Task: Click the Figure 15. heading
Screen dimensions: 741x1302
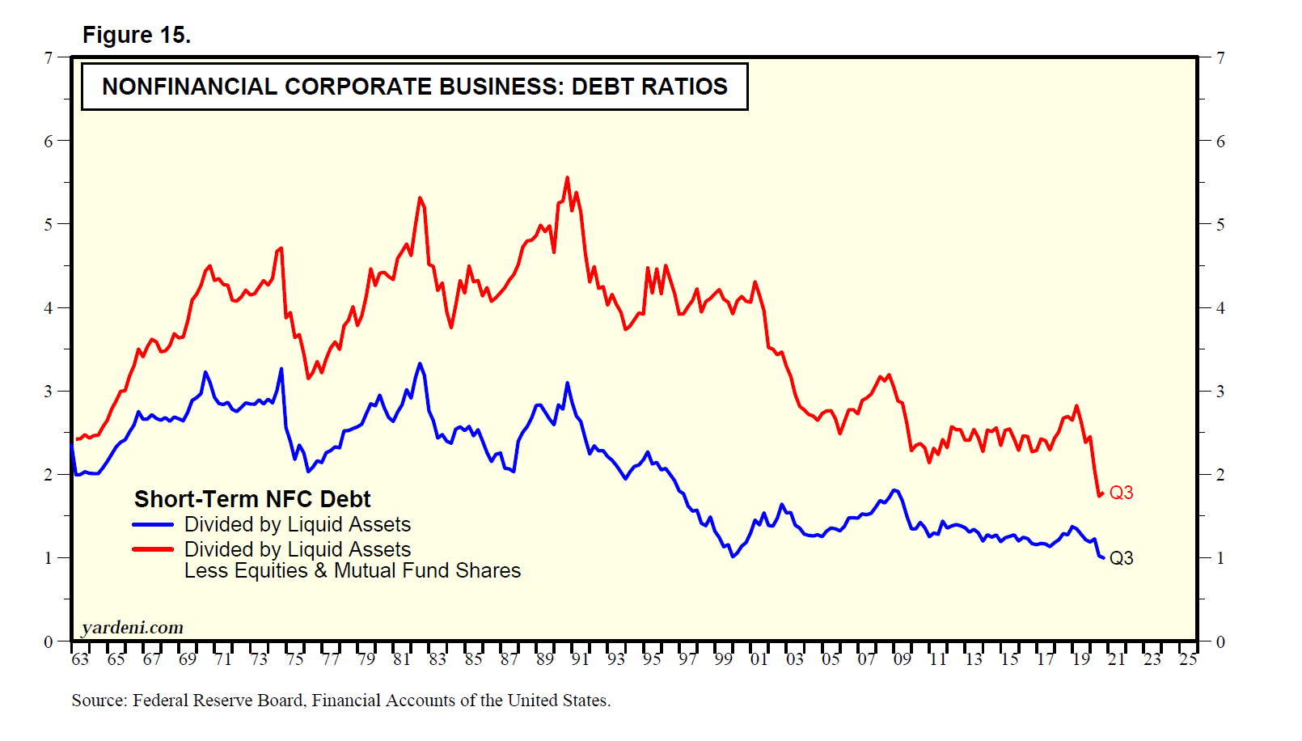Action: pyautogui.click(x=136, y=36)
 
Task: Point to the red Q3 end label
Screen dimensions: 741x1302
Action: pyautogui.click(x=1121, y=493)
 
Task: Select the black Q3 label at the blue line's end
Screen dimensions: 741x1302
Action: pyautogui.click(x=1121, y=558)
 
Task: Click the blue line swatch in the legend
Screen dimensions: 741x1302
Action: pyautogui.click(x=153, y=525)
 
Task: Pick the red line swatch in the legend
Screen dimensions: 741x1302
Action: pyautogui.click(x=153, y=549)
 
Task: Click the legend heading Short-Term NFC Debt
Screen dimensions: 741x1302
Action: pyautogui.click(x=252, y=499)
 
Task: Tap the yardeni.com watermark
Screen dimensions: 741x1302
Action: pyautogui.click(x=133, y=628)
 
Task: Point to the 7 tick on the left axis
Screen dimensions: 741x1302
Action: pyautogui.click(x=49, y=57)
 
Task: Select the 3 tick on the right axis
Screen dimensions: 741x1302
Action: pyautogui.click(x=1220, y=392)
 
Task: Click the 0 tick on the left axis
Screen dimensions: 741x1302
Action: pyautogui.click(x=49, y=641)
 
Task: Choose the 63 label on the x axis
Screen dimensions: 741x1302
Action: pyautogui.click(x=80, y=659)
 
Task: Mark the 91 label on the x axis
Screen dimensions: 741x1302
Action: pyautogui.click(x=580, y=659)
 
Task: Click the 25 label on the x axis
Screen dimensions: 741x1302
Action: pyautogui.click(x=1187, y=659)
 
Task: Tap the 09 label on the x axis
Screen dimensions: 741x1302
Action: pyautogui.click(x=902, y=659)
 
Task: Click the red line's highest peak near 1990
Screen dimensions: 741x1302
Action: pyautogui.click(x=567, y=177)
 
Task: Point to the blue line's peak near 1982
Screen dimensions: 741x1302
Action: pyautogui.click(x=420, y=363)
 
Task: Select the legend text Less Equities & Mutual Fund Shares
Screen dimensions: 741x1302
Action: pyautogui.click(x=352, y=571)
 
